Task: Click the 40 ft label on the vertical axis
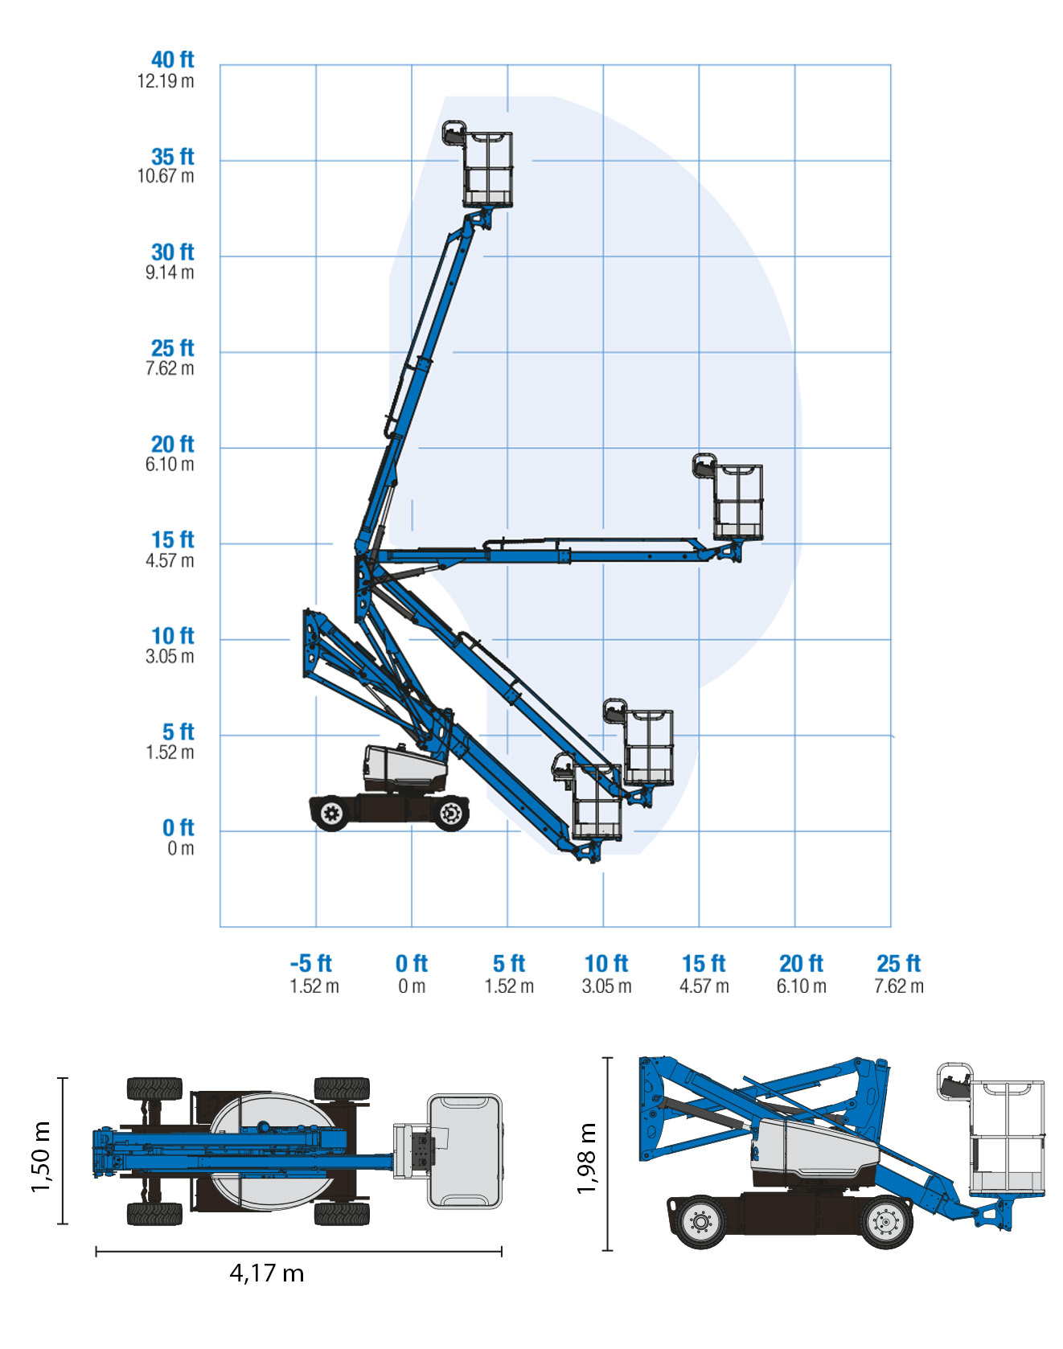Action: point(172,59)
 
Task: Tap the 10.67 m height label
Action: point(166,176)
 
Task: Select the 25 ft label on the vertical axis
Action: point(172,348)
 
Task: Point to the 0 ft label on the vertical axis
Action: point(178,827)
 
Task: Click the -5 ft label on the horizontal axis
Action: point(311,963)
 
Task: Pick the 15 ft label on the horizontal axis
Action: point(704,963)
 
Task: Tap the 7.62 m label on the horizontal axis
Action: point(899,986)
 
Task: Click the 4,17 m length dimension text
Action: point(266,1273)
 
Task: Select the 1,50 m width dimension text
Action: point(41,1157)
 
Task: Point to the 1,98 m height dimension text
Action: point(587,1158)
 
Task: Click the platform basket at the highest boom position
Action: point(487,169)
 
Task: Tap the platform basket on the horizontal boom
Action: point(737,501)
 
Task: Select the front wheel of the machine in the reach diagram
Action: point(451,814)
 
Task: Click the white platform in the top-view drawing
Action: point(464,1150)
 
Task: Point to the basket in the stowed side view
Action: point(1007,1138)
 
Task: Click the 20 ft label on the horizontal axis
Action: point(801,963)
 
